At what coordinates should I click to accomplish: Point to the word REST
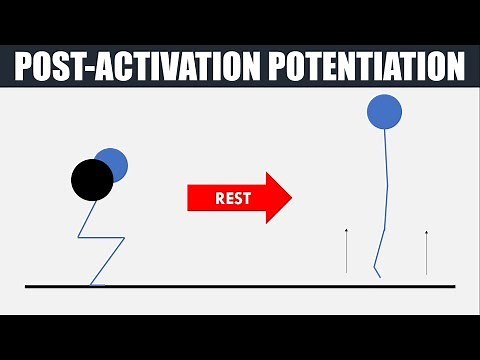233,196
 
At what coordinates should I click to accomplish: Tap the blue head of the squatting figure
114,163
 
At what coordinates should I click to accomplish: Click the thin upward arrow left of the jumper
346,250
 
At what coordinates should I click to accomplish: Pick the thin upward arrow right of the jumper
426,250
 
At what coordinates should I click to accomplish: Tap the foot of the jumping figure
375,271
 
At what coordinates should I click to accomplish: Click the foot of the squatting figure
97,284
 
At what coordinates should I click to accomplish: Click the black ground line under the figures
240,286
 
